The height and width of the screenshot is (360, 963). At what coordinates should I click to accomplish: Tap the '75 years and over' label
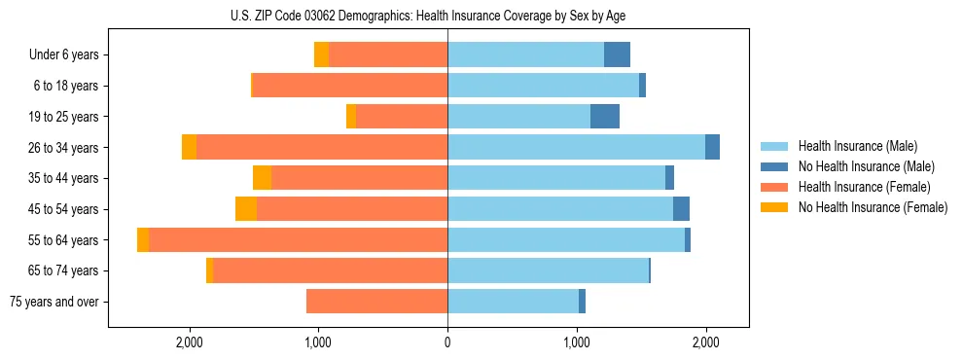pyautogui.click(x=54, y=302)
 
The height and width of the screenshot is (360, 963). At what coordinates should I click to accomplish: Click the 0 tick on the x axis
pyautogui.click(x=447, y=342)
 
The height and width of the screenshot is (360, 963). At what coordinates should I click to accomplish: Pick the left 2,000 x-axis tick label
pyautogui.click(x=189, y=342)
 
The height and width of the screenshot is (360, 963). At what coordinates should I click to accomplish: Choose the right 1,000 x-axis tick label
pyautogui.click(x=577, y=342)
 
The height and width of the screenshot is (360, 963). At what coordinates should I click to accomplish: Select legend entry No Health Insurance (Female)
pyautogui.click(x=873, y=207)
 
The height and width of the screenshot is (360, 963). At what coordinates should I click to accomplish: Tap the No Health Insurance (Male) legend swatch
pyautogui.click(x=775, y=166)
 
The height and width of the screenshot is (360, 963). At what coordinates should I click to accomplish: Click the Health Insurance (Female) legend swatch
pyautogui.click(x=775, y=187)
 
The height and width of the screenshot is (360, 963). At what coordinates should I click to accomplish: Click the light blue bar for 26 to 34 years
pyautogui.click(x=576, y=148)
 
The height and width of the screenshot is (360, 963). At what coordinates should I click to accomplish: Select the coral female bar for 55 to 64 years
pyautogui.click(x=298, y=240)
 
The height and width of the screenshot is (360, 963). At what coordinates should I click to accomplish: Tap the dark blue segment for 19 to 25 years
pyautogui.click(x=605, y=117)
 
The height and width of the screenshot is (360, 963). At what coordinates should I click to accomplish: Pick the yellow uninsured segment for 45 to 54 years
pyautogui.click(x=246, y=209)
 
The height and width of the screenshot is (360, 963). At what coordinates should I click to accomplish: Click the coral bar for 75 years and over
pyautogui.click(x=376, y=302)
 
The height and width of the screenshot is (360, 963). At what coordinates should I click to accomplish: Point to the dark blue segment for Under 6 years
pyautogui.click(x=617, y=55)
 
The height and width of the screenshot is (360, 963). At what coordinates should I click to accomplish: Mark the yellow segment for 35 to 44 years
pyautogui.click(x=262, y=178)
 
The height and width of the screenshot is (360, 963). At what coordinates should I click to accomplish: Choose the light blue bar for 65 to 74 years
pyautogui.click(x=548, y=270)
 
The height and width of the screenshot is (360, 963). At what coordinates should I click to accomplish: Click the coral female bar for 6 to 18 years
pyautogui.click(x=350, y=86)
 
